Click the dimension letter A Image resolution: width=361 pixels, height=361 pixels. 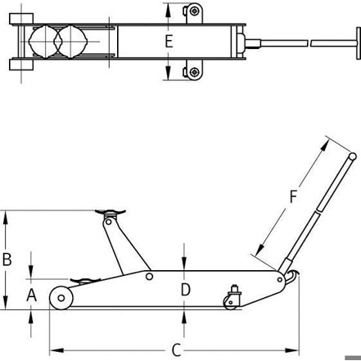(31, 296)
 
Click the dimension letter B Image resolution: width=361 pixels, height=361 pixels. (7, 259)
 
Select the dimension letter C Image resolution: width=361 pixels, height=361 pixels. (177, 350)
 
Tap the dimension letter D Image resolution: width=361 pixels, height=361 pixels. (186, 290)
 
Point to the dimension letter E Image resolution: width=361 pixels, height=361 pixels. (169, 42)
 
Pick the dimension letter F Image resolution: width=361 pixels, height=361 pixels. (293, 197)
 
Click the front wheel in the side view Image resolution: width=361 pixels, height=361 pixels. (61, 298)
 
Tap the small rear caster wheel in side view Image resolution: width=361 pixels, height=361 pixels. (230, 303)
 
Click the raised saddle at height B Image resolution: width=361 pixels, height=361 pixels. (111, 212)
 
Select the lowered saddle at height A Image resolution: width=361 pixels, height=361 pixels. (85, 281)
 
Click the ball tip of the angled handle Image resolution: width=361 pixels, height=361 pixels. (353, 156)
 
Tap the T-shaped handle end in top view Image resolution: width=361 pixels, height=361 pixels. (359, 43)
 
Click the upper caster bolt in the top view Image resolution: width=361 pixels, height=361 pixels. (194, 11)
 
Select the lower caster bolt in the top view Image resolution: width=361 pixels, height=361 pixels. (194, 72)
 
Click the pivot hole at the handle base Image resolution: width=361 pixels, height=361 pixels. (280, 280)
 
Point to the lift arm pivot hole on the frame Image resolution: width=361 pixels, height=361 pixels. (149, 277)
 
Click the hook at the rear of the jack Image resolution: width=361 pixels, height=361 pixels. (293, 277)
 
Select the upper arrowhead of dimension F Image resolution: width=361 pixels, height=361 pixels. (325, 147)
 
